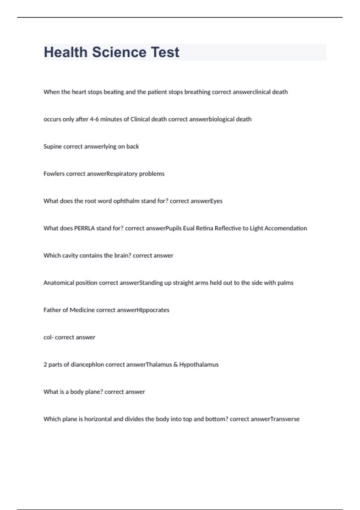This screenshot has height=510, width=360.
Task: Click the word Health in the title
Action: click(x=65, y=52)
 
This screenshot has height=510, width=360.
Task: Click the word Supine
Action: click(x=52, y=147)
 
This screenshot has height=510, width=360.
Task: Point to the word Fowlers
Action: click(x=54, y=174)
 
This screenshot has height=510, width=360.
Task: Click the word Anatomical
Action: click(x=58, y=283)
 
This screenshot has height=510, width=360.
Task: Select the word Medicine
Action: click(x=82, y=310)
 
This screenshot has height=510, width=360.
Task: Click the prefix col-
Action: click(x=48, y=337)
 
